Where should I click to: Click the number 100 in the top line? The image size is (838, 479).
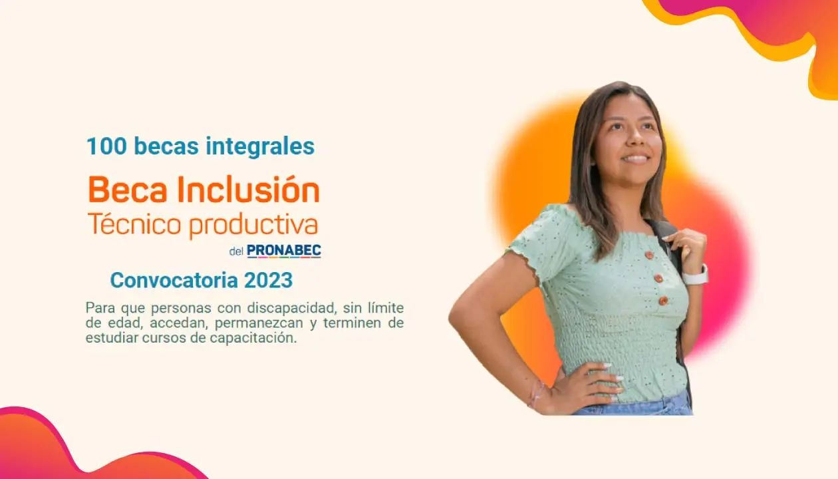click(106, 146)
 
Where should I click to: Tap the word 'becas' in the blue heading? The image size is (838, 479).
click(166, 146)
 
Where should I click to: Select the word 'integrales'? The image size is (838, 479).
click(261, 146)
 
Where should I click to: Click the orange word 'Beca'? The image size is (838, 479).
click(128, 190)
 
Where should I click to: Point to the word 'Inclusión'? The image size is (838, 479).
click(249, 189)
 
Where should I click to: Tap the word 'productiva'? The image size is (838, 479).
click(253, 226)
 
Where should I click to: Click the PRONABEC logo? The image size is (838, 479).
click(284, 251)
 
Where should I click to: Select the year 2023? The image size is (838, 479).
click(268, 280)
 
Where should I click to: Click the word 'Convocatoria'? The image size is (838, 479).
click(174, 280)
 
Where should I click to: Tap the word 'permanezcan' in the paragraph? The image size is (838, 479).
click(259, 323)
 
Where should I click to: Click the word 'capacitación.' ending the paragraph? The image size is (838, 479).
click(253, 338)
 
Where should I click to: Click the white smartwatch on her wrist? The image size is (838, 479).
click(695, 276)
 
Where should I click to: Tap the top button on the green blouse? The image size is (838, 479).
click(649, 255)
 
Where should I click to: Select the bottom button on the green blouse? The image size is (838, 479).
click(663, 301)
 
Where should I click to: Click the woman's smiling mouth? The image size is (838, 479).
click(636, 158)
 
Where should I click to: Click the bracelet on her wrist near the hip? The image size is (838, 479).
click(537, 394)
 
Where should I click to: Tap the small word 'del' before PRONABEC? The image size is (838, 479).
click(236, 251)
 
